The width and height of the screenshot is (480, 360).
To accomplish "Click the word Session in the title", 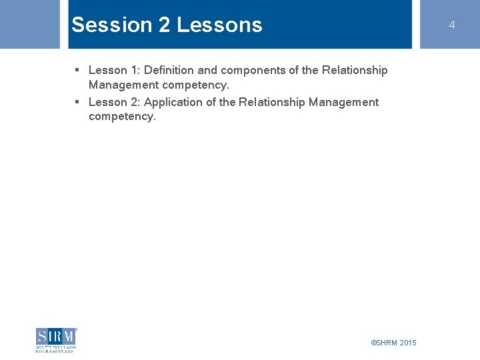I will [112, 25].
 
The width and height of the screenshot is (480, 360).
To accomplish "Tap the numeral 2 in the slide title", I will [164, 25].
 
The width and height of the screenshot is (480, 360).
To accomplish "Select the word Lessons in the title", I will [219, 25].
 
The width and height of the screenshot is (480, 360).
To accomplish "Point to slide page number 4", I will [451, 25].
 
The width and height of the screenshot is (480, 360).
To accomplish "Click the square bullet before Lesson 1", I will [77, 70].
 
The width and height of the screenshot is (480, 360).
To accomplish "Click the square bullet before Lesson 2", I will [77, 102].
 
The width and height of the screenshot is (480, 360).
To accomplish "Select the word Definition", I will [169, 70].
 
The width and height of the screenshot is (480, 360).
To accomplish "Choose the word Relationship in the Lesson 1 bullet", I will [355, 70].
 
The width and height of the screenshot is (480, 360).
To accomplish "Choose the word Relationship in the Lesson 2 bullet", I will [272, 102].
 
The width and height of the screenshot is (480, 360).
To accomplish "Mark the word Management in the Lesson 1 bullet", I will [123, 85].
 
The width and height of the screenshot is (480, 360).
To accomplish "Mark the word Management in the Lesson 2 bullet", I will [343, 102].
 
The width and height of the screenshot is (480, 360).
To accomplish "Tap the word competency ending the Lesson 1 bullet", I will [195, 85].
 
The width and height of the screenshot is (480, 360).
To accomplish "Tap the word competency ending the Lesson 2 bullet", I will [121, 117].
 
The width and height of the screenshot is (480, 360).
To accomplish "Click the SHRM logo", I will [56, 339].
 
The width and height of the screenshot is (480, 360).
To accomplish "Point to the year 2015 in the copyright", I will [408, 343].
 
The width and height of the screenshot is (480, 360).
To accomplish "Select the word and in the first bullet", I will [207, 70].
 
